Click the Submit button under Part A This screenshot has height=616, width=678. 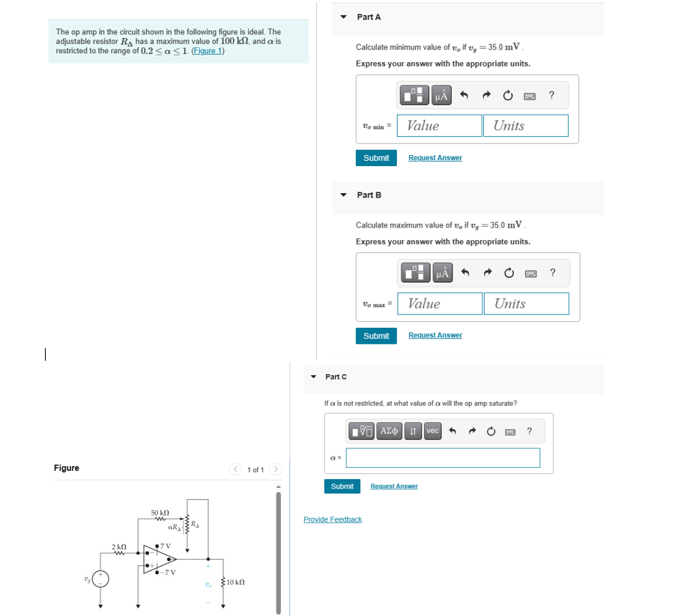point(375,158)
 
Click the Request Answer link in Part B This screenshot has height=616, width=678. point(435,335)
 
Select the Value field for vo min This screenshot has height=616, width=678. point(439,126)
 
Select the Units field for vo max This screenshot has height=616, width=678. point(526,303)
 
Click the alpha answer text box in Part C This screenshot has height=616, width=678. point(443,458)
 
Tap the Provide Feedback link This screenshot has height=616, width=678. point(333,519)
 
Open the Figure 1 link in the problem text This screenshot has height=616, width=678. point(208,51)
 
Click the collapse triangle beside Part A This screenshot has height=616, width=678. point(343,16)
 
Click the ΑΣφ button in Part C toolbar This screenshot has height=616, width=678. point(390,431)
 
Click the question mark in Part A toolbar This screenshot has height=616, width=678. point(551,95)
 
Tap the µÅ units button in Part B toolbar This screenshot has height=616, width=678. point(442,273)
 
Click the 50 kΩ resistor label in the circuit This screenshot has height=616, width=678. point(160,513)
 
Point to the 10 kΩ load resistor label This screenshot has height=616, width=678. point(235,582)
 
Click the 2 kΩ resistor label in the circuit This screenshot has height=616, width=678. point(119,547)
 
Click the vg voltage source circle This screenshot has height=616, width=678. point(101,579)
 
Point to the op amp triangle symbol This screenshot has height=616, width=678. point(160,559)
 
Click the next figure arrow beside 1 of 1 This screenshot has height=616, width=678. point(276,469)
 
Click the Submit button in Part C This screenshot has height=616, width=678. point(342,487)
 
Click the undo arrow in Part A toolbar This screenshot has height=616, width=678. point(464,95)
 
